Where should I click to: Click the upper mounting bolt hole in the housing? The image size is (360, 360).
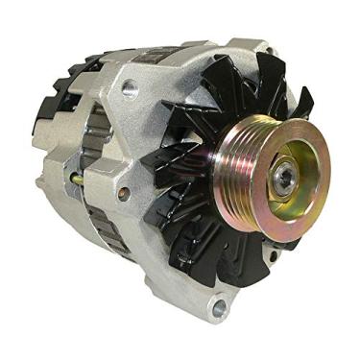[x=130, y=88]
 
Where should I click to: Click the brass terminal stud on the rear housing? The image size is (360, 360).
[x=77, y=180]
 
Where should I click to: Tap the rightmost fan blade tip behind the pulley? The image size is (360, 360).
[x=305, y=101]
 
